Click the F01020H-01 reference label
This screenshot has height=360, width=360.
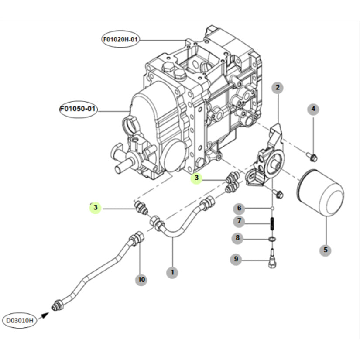(121, 39)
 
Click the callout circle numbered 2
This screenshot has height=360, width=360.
(277, 88)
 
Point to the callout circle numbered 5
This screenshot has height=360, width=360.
(325, 250)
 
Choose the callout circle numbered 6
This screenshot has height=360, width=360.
(239, 208)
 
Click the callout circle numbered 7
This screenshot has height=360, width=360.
(239, 222)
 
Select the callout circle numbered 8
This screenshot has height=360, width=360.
(237, 238)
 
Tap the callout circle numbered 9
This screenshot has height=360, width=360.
(236, 259)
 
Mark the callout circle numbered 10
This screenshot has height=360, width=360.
(141, 279)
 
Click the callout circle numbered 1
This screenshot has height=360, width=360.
(172, 273)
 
